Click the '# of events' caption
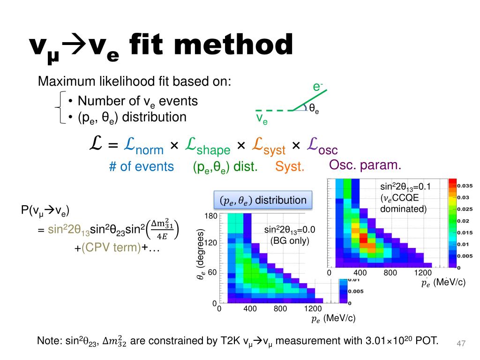point(141,166)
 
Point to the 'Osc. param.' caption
point(365,165)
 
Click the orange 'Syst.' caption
point(290,166)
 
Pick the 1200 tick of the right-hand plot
point(422,273)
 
